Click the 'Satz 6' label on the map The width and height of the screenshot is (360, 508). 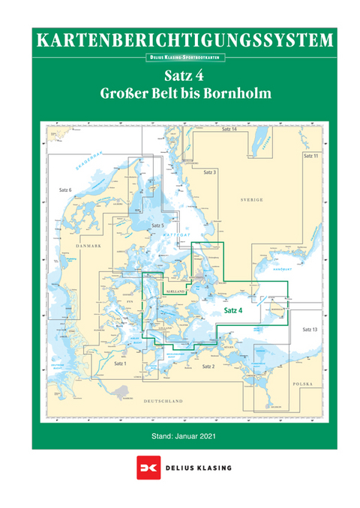(x=65, y=190)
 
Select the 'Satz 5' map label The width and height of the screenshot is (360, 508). (x=157, y=226)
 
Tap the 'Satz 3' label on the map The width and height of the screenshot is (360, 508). (x=210, y=172)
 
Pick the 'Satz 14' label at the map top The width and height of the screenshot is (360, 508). (x=230, y=130)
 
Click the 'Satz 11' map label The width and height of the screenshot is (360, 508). (x=310, y=156)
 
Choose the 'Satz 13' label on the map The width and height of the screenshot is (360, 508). (x=310, y=330)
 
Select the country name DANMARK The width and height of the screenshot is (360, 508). (x=88, y=245)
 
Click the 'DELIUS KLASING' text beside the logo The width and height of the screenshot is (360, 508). (x=200, y=468)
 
